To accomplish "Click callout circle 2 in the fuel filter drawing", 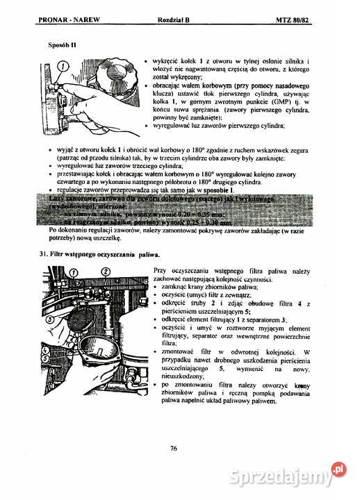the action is [x=106, y=270].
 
